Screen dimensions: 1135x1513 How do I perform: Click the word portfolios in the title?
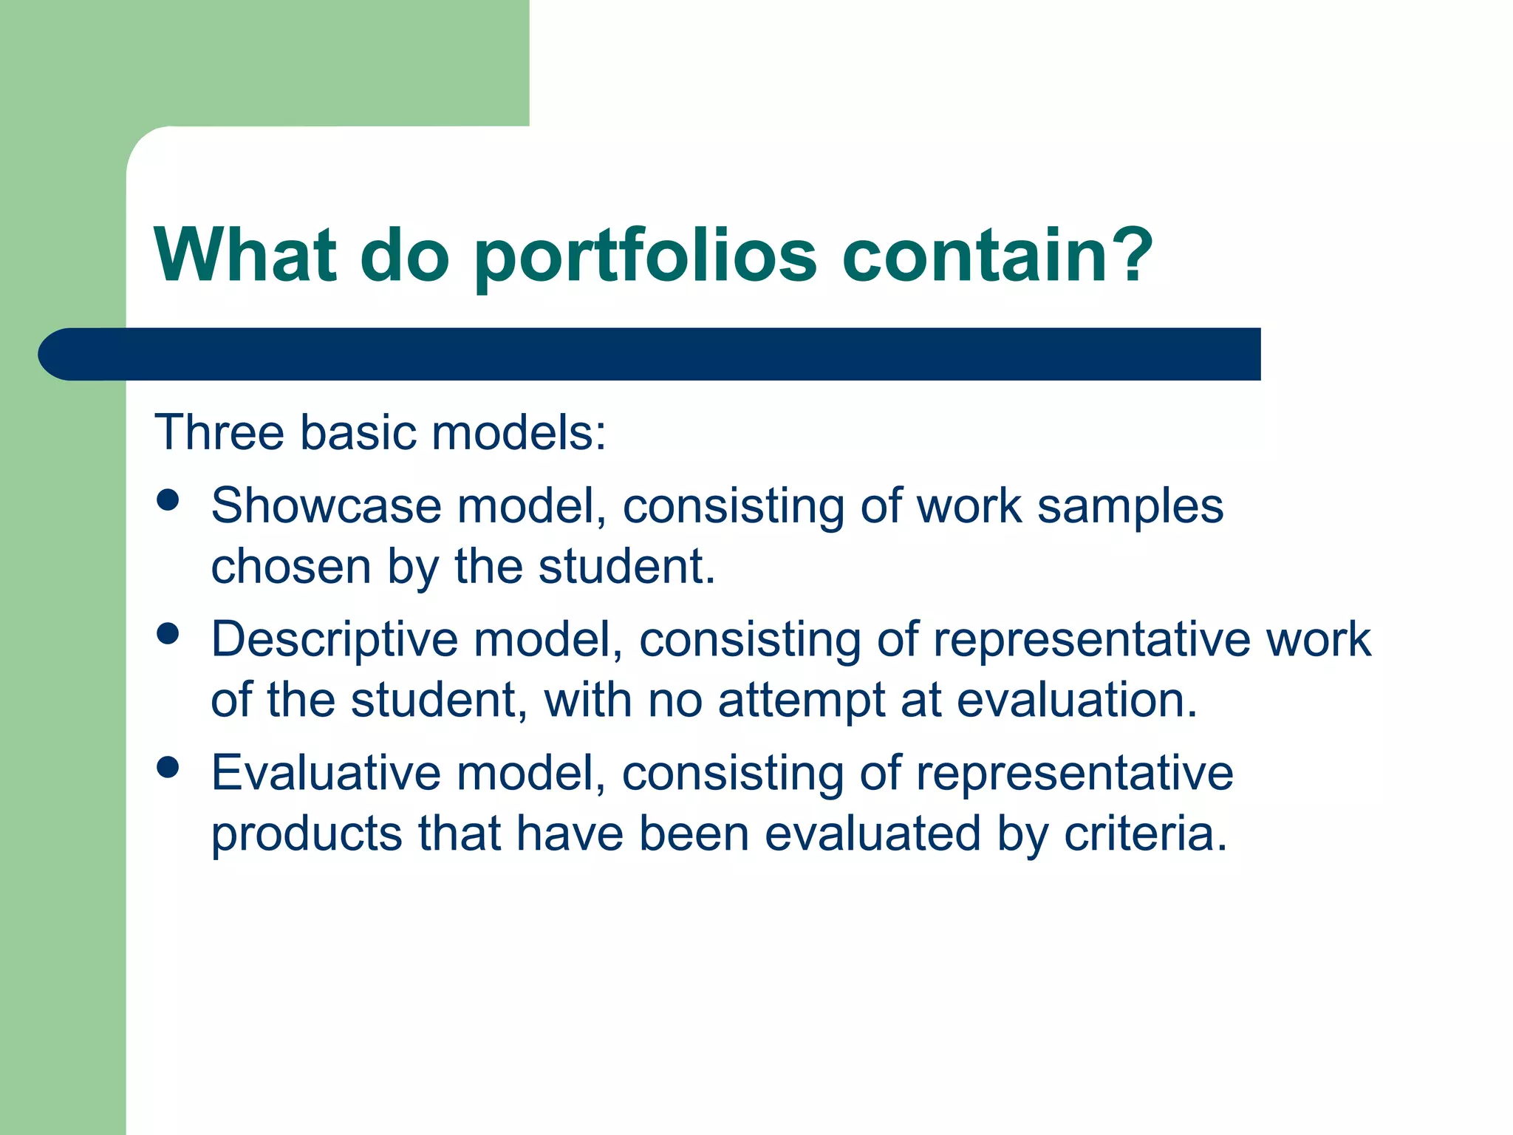644,257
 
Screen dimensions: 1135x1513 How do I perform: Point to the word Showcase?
325,506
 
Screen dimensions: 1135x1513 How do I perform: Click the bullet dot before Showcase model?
168,500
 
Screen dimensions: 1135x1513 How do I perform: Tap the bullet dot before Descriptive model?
168,634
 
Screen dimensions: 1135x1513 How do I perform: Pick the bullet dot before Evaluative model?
168,767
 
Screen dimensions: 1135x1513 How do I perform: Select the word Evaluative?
325,773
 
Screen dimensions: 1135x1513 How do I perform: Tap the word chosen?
290,567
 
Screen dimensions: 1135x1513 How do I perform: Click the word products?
306,835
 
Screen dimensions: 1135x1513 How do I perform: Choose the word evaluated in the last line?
872,834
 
